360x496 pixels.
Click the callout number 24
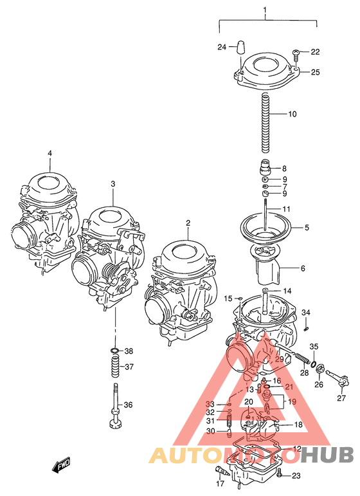point(222,47)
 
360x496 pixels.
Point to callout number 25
point(315,72)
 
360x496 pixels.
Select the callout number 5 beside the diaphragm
point(307,227)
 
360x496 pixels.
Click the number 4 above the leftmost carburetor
point(49,153)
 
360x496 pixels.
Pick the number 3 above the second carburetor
point(113,184)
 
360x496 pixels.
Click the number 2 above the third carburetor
point(188,223)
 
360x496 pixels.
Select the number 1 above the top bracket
point(264,11)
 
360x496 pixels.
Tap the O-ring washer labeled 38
point(114,351)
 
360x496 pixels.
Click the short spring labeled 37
point(114,369)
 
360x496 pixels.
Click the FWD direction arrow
point(62,464)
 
